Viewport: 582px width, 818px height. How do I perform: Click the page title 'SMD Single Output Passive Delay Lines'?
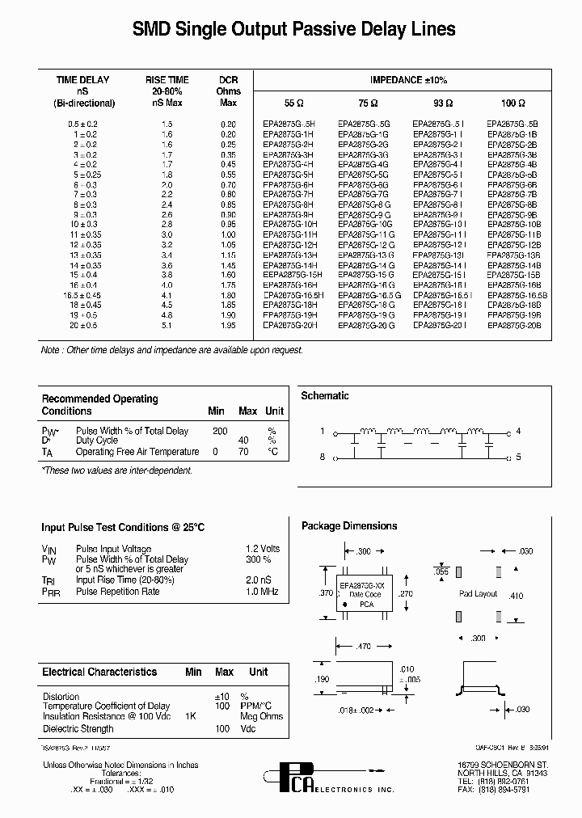293,30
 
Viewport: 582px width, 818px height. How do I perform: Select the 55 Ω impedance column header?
293,103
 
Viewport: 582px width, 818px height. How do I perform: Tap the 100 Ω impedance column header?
512,103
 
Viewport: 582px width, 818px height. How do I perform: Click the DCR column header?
229,91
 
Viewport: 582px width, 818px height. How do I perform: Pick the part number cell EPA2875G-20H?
290,325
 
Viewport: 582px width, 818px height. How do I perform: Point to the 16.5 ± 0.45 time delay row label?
85,296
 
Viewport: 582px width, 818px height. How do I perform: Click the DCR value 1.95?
229,325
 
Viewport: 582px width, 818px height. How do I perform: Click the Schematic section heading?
325,396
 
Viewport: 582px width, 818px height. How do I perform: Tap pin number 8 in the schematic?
323,457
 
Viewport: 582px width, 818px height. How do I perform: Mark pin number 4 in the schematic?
518,431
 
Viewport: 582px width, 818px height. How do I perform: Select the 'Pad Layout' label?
479,593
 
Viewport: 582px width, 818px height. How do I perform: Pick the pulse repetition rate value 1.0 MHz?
262,592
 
